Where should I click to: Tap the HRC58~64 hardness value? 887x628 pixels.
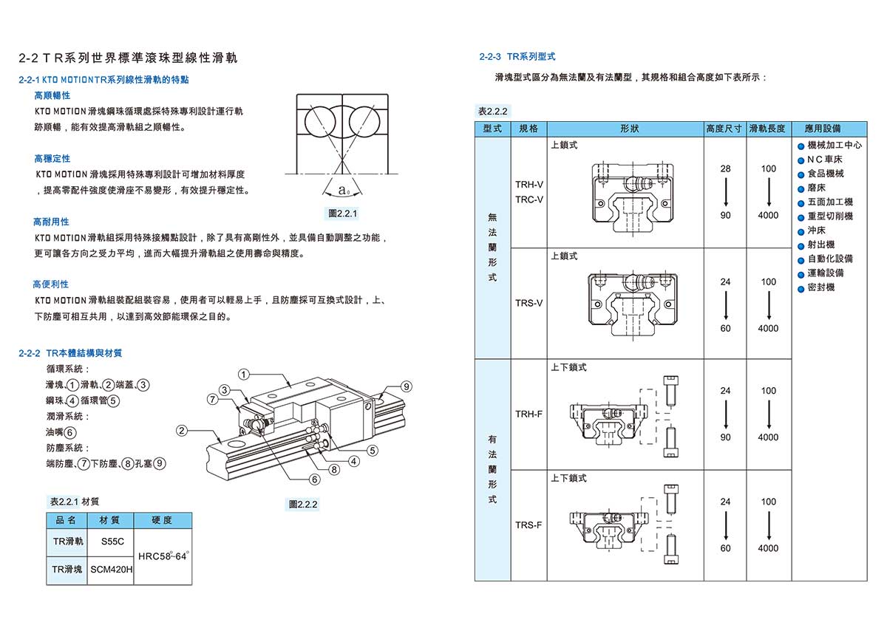(163, 556)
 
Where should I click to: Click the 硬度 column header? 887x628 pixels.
(162, 520)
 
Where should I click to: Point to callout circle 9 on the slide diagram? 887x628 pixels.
(406, 386)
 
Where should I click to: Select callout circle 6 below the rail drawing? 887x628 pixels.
(315, 479)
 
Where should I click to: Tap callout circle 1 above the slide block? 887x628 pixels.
(244, 374)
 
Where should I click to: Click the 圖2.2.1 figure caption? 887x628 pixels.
(342, 214)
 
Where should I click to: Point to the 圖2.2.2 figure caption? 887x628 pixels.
(303, 504)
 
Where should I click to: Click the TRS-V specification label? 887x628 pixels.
(529, 303)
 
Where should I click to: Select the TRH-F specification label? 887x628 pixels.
(529, 414)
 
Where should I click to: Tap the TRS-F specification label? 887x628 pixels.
(529, 525)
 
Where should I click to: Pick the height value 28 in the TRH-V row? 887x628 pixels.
(725, 168)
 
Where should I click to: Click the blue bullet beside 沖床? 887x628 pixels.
(801, 231)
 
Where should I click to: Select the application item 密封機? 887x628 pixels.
(820, 287)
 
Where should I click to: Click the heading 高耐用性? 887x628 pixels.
(51, 222)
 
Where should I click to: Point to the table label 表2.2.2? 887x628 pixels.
(493, 111)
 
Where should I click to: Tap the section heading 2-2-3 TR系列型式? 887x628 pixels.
(517, 56)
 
